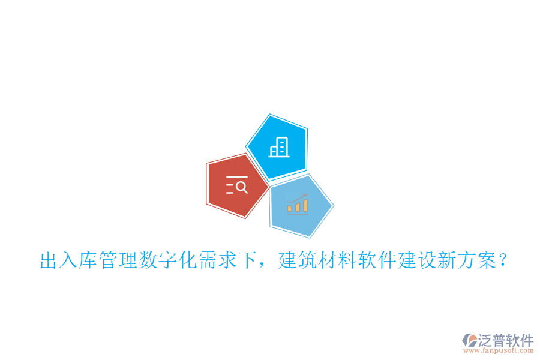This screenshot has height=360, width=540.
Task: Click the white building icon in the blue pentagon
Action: point(278,147)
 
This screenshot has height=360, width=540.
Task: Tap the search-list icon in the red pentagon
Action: point(236,186)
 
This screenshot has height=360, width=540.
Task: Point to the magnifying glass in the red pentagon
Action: point(241,187)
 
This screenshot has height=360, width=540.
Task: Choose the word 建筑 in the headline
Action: point(298,262)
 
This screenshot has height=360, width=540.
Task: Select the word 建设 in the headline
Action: point(418,262)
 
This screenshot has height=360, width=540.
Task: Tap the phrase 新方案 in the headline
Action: point(467,262)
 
